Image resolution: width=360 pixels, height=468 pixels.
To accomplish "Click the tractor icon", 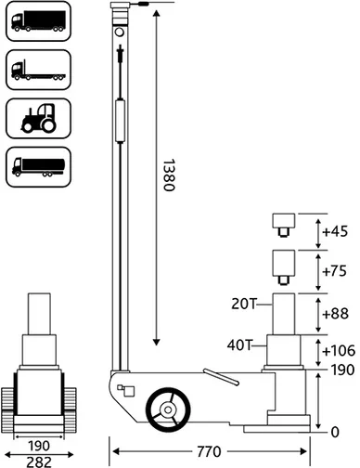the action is point(39,118).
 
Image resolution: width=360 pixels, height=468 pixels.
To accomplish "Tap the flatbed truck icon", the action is point(38,71).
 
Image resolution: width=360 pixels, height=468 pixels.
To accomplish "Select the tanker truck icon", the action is point(39,167).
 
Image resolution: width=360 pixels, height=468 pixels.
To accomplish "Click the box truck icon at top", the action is point(38,20).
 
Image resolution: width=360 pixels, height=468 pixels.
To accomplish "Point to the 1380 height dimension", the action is point(169,175).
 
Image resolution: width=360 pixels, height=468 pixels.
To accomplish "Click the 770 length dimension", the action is point(209,451).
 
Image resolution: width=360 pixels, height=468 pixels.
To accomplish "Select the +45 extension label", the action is point(335,231).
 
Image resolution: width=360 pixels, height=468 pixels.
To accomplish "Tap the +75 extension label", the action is point(335,271).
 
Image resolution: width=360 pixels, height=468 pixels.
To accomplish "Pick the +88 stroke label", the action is point(335,314).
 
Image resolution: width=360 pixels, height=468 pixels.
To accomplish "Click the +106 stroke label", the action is point(339,351).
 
